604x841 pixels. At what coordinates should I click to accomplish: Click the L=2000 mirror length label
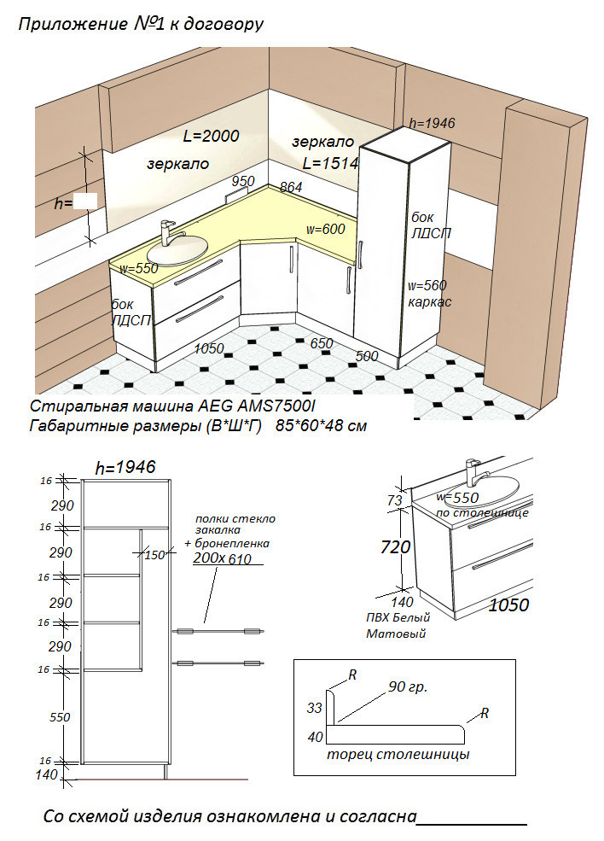tap(212, 136)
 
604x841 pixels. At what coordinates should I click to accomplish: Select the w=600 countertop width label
tap(325, 229)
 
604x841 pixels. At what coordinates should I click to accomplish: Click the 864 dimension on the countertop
tap(291, 187)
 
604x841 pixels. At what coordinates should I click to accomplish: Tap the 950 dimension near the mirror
tap(243, 181)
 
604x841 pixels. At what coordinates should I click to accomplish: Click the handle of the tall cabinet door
tap(361, 254)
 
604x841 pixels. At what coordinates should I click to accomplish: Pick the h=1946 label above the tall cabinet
tap(432, 123)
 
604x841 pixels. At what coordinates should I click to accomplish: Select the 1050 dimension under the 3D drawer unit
tap(208, 348)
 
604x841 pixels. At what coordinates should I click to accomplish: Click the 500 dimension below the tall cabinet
tap(367, 356)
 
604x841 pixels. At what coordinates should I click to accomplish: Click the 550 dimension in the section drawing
tap(60, 717)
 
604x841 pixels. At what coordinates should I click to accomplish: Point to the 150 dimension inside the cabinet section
tap(155, 555)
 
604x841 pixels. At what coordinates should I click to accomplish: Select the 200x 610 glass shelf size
tap(223, 558)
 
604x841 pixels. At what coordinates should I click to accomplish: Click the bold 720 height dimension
tap(396, 547)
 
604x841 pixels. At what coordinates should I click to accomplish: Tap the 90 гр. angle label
tap(408, 686)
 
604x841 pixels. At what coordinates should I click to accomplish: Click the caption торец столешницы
tap(398, 755)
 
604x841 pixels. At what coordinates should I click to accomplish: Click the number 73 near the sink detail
tap(394, 500)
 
